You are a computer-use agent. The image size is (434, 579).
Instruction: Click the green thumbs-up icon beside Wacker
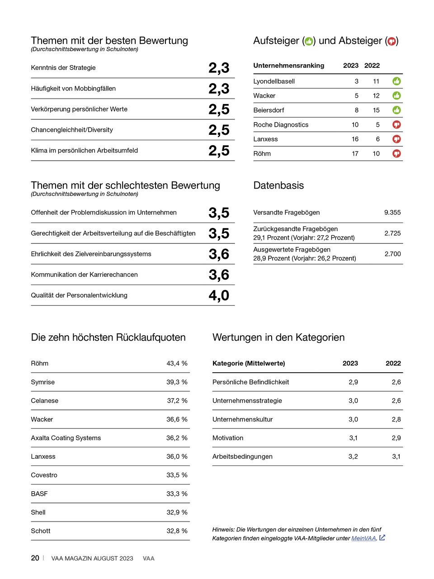pyautogui.click(x=396, y=95)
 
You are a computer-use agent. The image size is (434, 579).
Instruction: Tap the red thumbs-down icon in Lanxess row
pyautogui.click(x=396, y=139)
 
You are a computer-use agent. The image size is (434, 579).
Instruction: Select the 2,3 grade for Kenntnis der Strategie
pyautogui.click(x=219, y=68)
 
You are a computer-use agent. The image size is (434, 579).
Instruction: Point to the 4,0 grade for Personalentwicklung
pyautogui.click(x=219, y=295)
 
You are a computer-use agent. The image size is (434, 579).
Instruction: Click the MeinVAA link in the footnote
pyautogui.click(x=363, y=538)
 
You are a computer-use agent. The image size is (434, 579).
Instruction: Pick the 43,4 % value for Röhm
pyautogui.click(x=177, y=363)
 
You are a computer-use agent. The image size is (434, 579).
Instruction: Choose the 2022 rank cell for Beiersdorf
pyautogui.click(x=376, y=110)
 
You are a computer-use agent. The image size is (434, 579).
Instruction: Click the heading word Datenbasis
pyautogui.click(x=278, y=185)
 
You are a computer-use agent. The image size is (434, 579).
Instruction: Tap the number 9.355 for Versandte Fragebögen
pyautogui.click(x=392, y=212)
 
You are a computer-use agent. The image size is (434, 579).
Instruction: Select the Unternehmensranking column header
pyautogui.click(x=288, y=66)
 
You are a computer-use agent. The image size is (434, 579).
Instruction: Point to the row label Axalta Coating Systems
pyautogui.click(x=66, y=438)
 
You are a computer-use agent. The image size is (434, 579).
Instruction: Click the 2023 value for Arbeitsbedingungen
pyautogui.click(x=353, y=456)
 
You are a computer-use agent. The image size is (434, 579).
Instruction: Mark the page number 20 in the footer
pyautogui.click(x=35, y=558)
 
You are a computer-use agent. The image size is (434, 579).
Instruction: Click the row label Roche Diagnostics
pyautogui.click(x=281, y=125)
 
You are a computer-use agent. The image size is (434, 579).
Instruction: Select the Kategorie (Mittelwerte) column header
pyautogui.click(x=249, y=363)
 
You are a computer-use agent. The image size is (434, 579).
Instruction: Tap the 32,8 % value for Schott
pyautogui.click(x=177, y=531)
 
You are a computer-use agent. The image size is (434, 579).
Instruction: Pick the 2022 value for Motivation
pyautogui.click(x=396, y=438)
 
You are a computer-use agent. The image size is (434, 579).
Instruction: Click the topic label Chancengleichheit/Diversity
pyautogui.click(x=72, y=130)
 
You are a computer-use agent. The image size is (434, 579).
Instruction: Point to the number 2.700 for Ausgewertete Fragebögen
pyautogui.click(x=392, y=254)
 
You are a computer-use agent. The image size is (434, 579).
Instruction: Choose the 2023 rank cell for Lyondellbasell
pyautogui.click(x=357, y=81)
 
